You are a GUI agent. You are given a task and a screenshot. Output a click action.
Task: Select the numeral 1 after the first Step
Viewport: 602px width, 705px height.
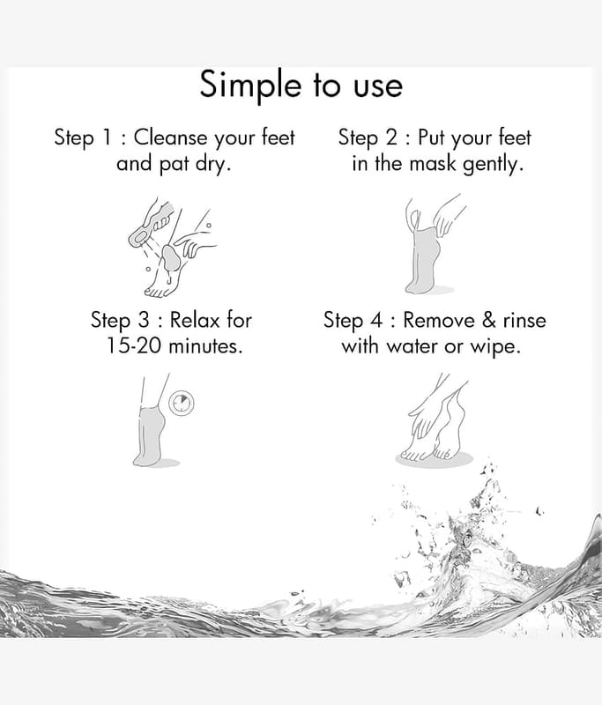click(x=107, y=137)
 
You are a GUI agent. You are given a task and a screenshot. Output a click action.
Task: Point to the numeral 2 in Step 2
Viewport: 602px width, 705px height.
click(x=391, y=137)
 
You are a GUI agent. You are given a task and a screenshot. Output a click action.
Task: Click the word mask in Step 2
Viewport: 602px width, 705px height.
click(x=433, y=163)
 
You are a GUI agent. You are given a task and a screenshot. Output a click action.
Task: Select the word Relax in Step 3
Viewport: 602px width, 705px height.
click(x=195, y=320)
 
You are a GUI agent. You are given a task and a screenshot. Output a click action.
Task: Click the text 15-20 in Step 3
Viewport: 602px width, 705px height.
click(x=133, y=346)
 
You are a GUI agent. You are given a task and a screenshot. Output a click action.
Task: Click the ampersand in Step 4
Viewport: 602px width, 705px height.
click(x=488, y=320)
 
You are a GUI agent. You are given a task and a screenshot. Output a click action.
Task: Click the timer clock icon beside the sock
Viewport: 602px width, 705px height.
click(x=182, y=403)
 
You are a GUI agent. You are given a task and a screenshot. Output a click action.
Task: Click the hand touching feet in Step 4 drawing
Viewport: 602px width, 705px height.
click(x=423, y=414)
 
